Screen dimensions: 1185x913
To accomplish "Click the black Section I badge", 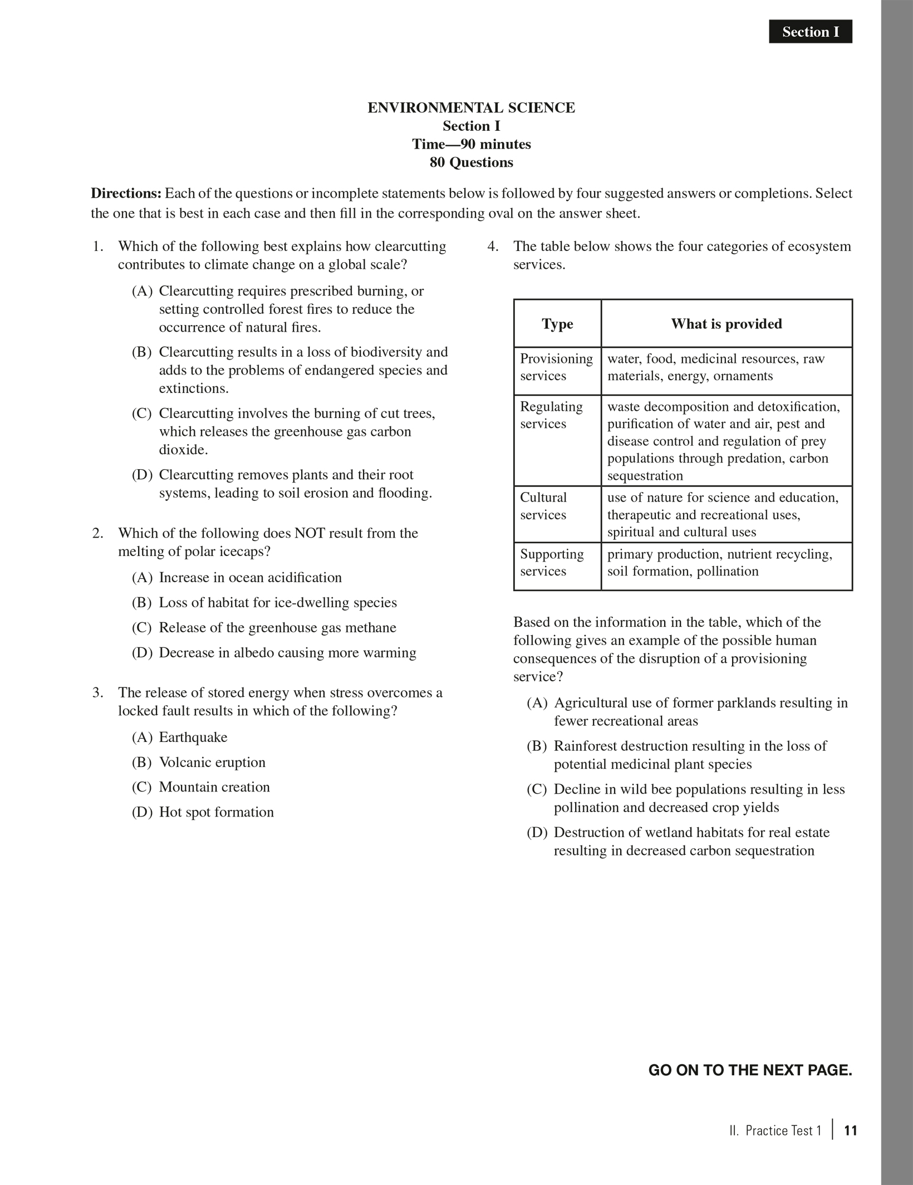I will pos(810,32).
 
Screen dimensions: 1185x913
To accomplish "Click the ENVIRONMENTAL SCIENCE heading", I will pos(471,108).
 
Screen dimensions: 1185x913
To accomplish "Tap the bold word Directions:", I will pos(126,194).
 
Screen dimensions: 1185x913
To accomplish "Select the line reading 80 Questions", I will pos(471,163).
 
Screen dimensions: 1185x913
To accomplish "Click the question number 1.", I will pos(97,247).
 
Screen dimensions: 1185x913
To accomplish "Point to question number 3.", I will pos(97,693).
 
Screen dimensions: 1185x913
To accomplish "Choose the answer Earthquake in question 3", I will pos(193,737).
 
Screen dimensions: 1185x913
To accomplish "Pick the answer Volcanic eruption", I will pos(212,763).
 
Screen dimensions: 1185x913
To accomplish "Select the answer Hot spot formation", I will pos(216,813).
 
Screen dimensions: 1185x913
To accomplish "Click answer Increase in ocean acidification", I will pos(250,578).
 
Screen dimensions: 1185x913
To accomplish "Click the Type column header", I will pos(557,324).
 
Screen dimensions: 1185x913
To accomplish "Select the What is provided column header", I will pos(726,324).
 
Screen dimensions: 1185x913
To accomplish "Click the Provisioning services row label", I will pos(556,367).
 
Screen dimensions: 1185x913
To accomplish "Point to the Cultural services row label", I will pos(543,506).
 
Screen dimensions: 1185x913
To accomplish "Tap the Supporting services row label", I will pos(551,563).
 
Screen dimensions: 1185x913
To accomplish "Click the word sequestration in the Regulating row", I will pos(645,476).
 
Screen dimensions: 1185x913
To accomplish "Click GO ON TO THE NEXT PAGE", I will pos(750,1070).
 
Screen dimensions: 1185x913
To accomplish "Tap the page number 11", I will pos(850,1130).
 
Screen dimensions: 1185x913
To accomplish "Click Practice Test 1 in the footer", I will pos(783,1130).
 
